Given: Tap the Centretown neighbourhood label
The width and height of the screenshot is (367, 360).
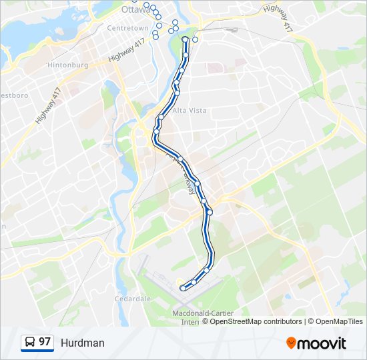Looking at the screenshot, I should pyautogui.click(x=128, y=28).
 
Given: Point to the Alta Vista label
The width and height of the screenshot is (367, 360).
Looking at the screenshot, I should pyautogui.click(x=190, y=110).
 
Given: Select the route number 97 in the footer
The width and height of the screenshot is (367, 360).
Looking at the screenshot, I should pyautogui.click(x=45, y=342).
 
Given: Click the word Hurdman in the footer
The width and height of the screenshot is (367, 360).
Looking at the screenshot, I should pyautogui.click(x=83, y=343).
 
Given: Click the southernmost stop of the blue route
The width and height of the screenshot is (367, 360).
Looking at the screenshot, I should pyautogui.click(x=182, y=288).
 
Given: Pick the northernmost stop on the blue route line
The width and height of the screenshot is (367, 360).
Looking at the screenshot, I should pyautogui.click(x=185, y=40).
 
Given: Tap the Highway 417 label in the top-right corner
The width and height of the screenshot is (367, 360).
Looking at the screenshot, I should pyautogui.click(x=278, y=19).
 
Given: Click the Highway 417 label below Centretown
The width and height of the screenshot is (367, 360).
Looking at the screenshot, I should pyautogui.click(x=126, y=51).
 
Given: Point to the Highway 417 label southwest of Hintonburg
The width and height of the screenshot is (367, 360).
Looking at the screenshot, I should pyautogui.click(x=49, y=106).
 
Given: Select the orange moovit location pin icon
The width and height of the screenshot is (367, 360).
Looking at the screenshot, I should pyautogui.click(x=292, y=343).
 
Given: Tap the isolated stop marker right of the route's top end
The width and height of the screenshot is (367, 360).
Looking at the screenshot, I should pyautogui.click(x=196, y=39).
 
